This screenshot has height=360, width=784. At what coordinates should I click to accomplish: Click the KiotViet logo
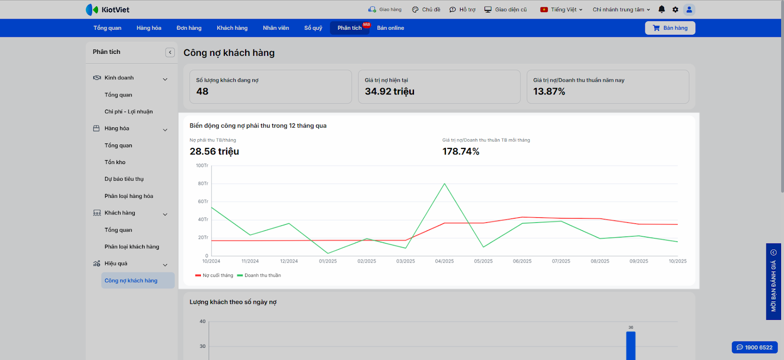click(108, 10)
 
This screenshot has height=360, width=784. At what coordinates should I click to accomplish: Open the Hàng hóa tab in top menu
click(149, 28)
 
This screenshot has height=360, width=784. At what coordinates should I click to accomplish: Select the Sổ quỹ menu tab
click(313, 28)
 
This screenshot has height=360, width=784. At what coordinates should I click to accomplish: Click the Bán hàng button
click(670, 28)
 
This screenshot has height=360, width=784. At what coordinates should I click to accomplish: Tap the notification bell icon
click(661, 9)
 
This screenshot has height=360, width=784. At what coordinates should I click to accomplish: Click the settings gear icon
click(675, 9)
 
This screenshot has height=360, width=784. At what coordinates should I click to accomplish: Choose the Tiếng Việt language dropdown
click(561, 9)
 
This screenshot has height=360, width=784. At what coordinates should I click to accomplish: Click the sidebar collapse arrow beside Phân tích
click(170, 52)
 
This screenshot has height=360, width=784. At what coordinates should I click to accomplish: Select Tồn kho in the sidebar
click(115, 162)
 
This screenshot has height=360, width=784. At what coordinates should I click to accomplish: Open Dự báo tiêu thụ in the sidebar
click(124, 179)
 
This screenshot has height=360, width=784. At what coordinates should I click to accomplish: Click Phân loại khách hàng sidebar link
click(132, 247)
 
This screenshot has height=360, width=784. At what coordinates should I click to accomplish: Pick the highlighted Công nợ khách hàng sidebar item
click(131, 281)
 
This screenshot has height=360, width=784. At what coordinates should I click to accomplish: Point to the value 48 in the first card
click(202, 92)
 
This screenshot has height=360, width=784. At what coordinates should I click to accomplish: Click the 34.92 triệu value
click(390, 92)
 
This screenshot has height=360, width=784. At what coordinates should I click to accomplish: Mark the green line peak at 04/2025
click(444, 184)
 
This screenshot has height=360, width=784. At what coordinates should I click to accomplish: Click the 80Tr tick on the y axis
click(203, 184)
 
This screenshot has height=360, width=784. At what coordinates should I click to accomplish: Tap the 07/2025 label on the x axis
click(561, 261)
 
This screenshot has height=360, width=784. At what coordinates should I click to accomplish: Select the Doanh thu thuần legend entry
click(262, 275)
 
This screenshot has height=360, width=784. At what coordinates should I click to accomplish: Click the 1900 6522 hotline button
click(755, 347)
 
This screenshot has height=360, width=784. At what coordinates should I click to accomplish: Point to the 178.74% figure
click(461, 152)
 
